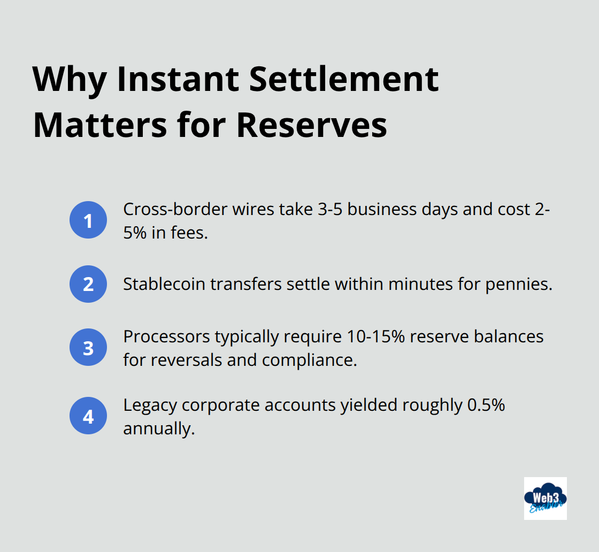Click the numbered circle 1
(88, 220)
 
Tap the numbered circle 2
(88, 284)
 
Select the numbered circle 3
(88, 348)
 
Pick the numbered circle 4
(88, 416)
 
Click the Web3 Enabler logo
(545, 499)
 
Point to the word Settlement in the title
(344, 80)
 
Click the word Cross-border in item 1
(174, 209)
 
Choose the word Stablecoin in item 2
(164, 284)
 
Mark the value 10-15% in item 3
(374, 337)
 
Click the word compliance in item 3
(309, 360)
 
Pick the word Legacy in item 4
(150, 405)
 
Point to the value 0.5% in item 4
(486, 405)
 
